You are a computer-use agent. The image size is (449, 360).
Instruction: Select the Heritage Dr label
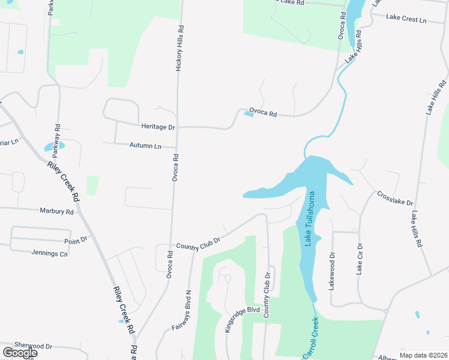click(158, 127)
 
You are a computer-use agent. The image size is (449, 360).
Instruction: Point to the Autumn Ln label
click(146, 146)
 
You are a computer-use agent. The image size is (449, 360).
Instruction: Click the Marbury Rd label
click(56, 211)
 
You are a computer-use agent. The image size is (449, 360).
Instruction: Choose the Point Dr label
click(76, 239)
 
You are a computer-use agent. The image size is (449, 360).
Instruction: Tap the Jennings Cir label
click(50, 253)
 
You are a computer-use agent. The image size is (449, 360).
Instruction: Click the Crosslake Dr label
click(395, 199)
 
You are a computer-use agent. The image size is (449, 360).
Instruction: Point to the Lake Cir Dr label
click(360, 259)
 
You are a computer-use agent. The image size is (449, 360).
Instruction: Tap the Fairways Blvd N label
click(181, 310)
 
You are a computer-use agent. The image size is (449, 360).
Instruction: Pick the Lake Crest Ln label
click(406, 19)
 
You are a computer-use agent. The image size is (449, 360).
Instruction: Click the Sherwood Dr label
click(34, 346)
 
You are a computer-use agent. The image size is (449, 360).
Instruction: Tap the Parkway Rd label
click(58, 137)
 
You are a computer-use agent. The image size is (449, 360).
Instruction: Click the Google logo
click(19, 352)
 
